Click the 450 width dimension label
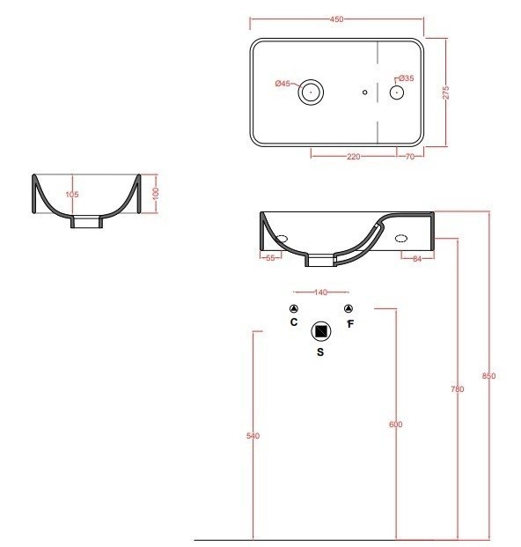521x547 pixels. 336,19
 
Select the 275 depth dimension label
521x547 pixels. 445,92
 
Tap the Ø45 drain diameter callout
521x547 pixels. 283,84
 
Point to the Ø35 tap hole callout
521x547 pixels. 407,78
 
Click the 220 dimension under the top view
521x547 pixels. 354,157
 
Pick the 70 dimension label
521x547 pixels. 410,157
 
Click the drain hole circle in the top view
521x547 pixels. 311,92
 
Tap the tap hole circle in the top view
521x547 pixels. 397,92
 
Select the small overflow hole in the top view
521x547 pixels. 365,92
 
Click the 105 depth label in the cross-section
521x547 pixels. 72,195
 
